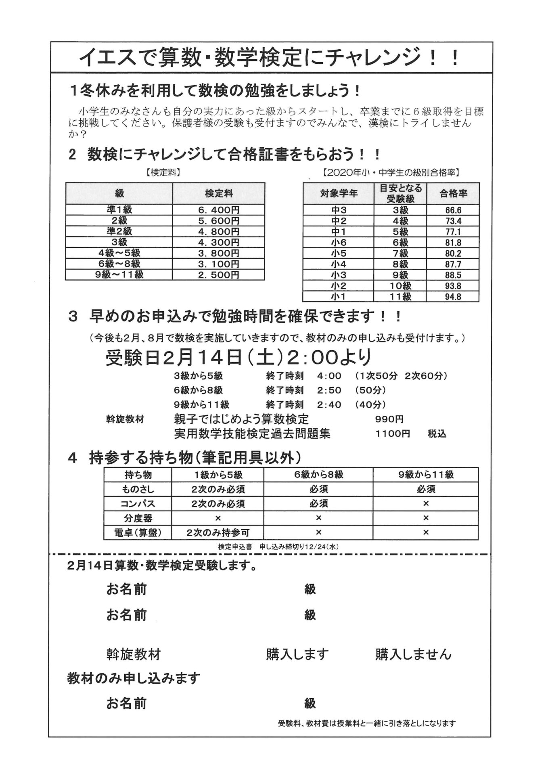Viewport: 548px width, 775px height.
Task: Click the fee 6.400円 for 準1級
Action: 219,210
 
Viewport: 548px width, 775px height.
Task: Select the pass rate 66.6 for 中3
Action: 453,210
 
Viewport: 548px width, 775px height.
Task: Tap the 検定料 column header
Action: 219,193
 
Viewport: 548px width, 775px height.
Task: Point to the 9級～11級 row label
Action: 119,275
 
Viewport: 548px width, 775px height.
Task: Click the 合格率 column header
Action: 453,193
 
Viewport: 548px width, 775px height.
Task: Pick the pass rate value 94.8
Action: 453,297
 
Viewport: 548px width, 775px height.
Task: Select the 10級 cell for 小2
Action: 400,286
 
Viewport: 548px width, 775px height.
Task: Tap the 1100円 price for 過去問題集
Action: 392,434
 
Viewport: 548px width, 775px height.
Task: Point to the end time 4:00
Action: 329,376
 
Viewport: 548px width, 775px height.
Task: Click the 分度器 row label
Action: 138,518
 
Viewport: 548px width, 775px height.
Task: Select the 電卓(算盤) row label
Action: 138,532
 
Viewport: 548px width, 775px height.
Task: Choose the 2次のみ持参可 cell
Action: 218,532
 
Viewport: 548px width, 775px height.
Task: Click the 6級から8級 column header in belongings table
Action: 318,475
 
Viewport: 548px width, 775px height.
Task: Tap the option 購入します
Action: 297,654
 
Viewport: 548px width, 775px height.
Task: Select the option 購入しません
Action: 413,654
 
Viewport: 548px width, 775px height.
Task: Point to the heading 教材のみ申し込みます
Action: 134,678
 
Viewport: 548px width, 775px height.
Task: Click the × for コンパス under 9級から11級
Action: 425,504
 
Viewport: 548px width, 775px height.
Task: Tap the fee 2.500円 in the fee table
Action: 219,275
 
